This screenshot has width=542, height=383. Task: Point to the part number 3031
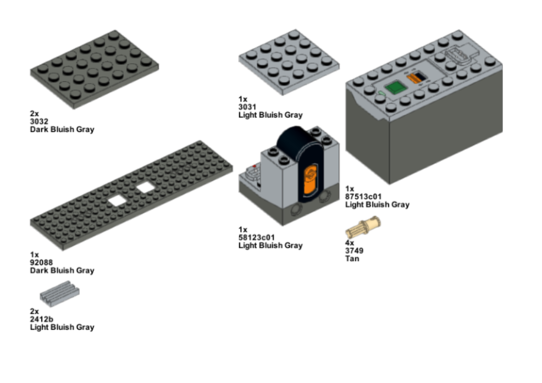point(247,107)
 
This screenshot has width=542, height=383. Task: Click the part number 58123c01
point(256,237)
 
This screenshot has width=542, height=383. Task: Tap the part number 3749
point(354,251)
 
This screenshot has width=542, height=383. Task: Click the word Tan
point(352,258)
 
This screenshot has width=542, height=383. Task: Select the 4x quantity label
point(350,242)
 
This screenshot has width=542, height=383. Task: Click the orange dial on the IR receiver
point(309,176)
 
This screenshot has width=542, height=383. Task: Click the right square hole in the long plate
point(145,188)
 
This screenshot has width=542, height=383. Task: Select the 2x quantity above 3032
point(35,113)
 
